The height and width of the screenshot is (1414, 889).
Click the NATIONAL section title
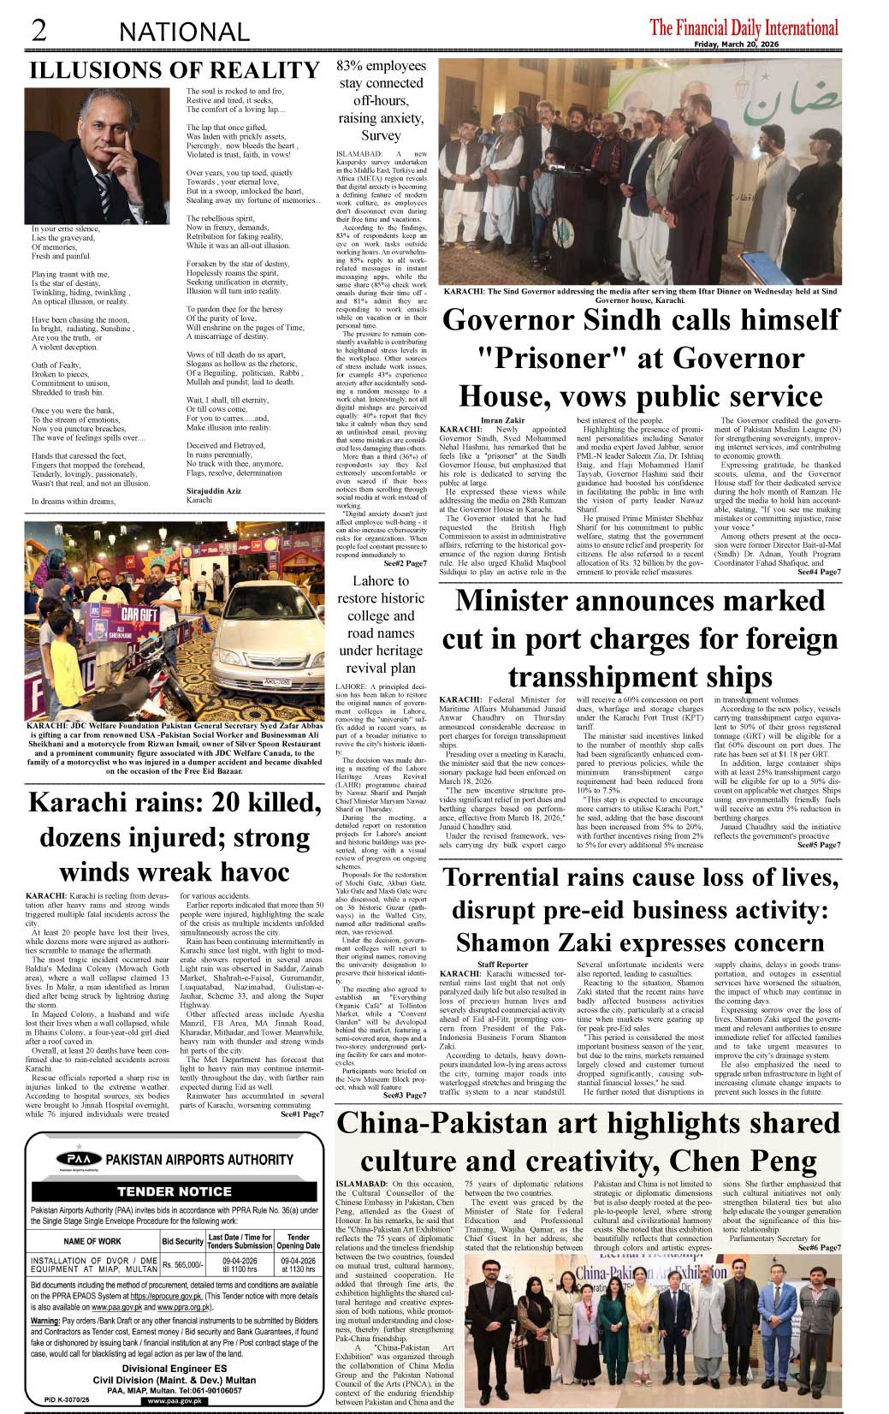click(x=184, y=32)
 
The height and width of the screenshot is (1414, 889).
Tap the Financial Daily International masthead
click(x=744, y=27)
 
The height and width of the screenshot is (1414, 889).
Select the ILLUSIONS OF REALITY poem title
click(x=175, y=69)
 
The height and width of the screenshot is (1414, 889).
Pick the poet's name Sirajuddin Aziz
click(x=215, y=490)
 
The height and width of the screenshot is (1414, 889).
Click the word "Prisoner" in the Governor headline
click(x=513, y=357)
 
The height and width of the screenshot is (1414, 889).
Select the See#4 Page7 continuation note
click(x=819, y=572)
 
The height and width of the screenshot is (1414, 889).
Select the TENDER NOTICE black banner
click(x=175, y=1191)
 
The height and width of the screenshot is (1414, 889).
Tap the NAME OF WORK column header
click(x=92, y=1240)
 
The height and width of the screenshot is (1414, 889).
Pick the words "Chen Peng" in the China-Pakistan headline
click(x=756, y=1161)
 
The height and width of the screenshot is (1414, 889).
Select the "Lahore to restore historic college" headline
click(x=381, y=624)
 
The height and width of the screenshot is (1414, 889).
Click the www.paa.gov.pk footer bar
click(x=175, y=1401)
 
